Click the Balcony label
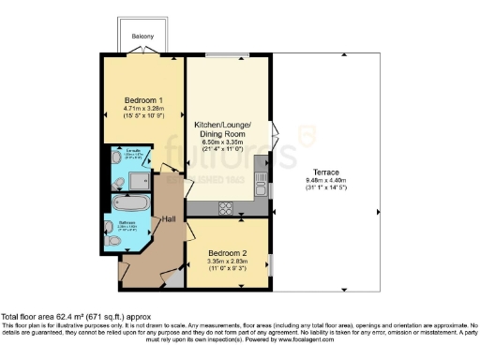142,37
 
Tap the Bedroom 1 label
145,100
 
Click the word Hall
169,219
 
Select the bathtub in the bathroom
126,202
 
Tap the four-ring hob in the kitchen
227,207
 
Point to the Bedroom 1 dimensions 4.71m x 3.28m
145,109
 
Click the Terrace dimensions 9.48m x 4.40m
325,180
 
